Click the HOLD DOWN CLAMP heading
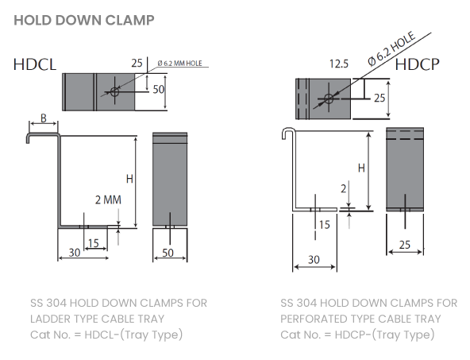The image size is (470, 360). (84, 21)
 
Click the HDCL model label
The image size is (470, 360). (35, 64)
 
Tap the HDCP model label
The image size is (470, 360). (418, 64)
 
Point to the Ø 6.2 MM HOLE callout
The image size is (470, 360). (180, 64)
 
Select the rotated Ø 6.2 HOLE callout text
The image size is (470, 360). (391, 48)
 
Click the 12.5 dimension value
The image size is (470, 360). (339, 64)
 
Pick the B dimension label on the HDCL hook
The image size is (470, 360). (44, 118)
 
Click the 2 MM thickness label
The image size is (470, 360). (108, 199)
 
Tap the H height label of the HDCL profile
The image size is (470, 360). (129, 179)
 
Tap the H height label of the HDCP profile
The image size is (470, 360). (361, 168)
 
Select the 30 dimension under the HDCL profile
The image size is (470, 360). (75, 253)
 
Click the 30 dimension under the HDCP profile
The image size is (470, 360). (314, 260)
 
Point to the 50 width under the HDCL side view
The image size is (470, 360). (168, 253)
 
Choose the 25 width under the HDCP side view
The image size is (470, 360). (405, 245)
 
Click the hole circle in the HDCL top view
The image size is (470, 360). (114, 91)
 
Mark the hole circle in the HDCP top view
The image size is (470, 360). (329, 98)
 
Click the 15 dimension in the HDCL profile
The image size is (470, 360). (94, 243)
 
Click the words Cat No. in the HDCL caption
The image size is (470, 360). (50, 335)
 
